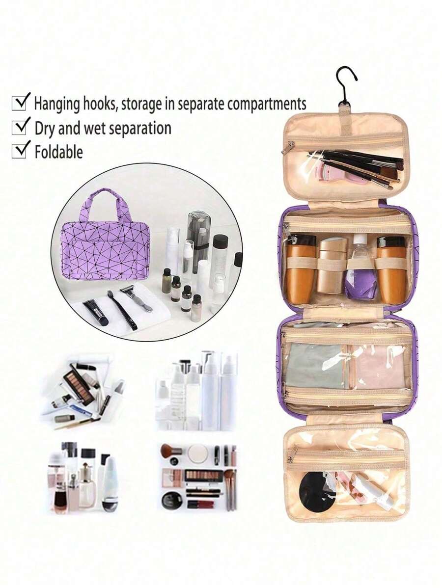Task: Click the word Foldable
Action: (x=59, y=152)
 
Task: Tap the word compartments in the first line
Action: (x=267, y=104)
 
